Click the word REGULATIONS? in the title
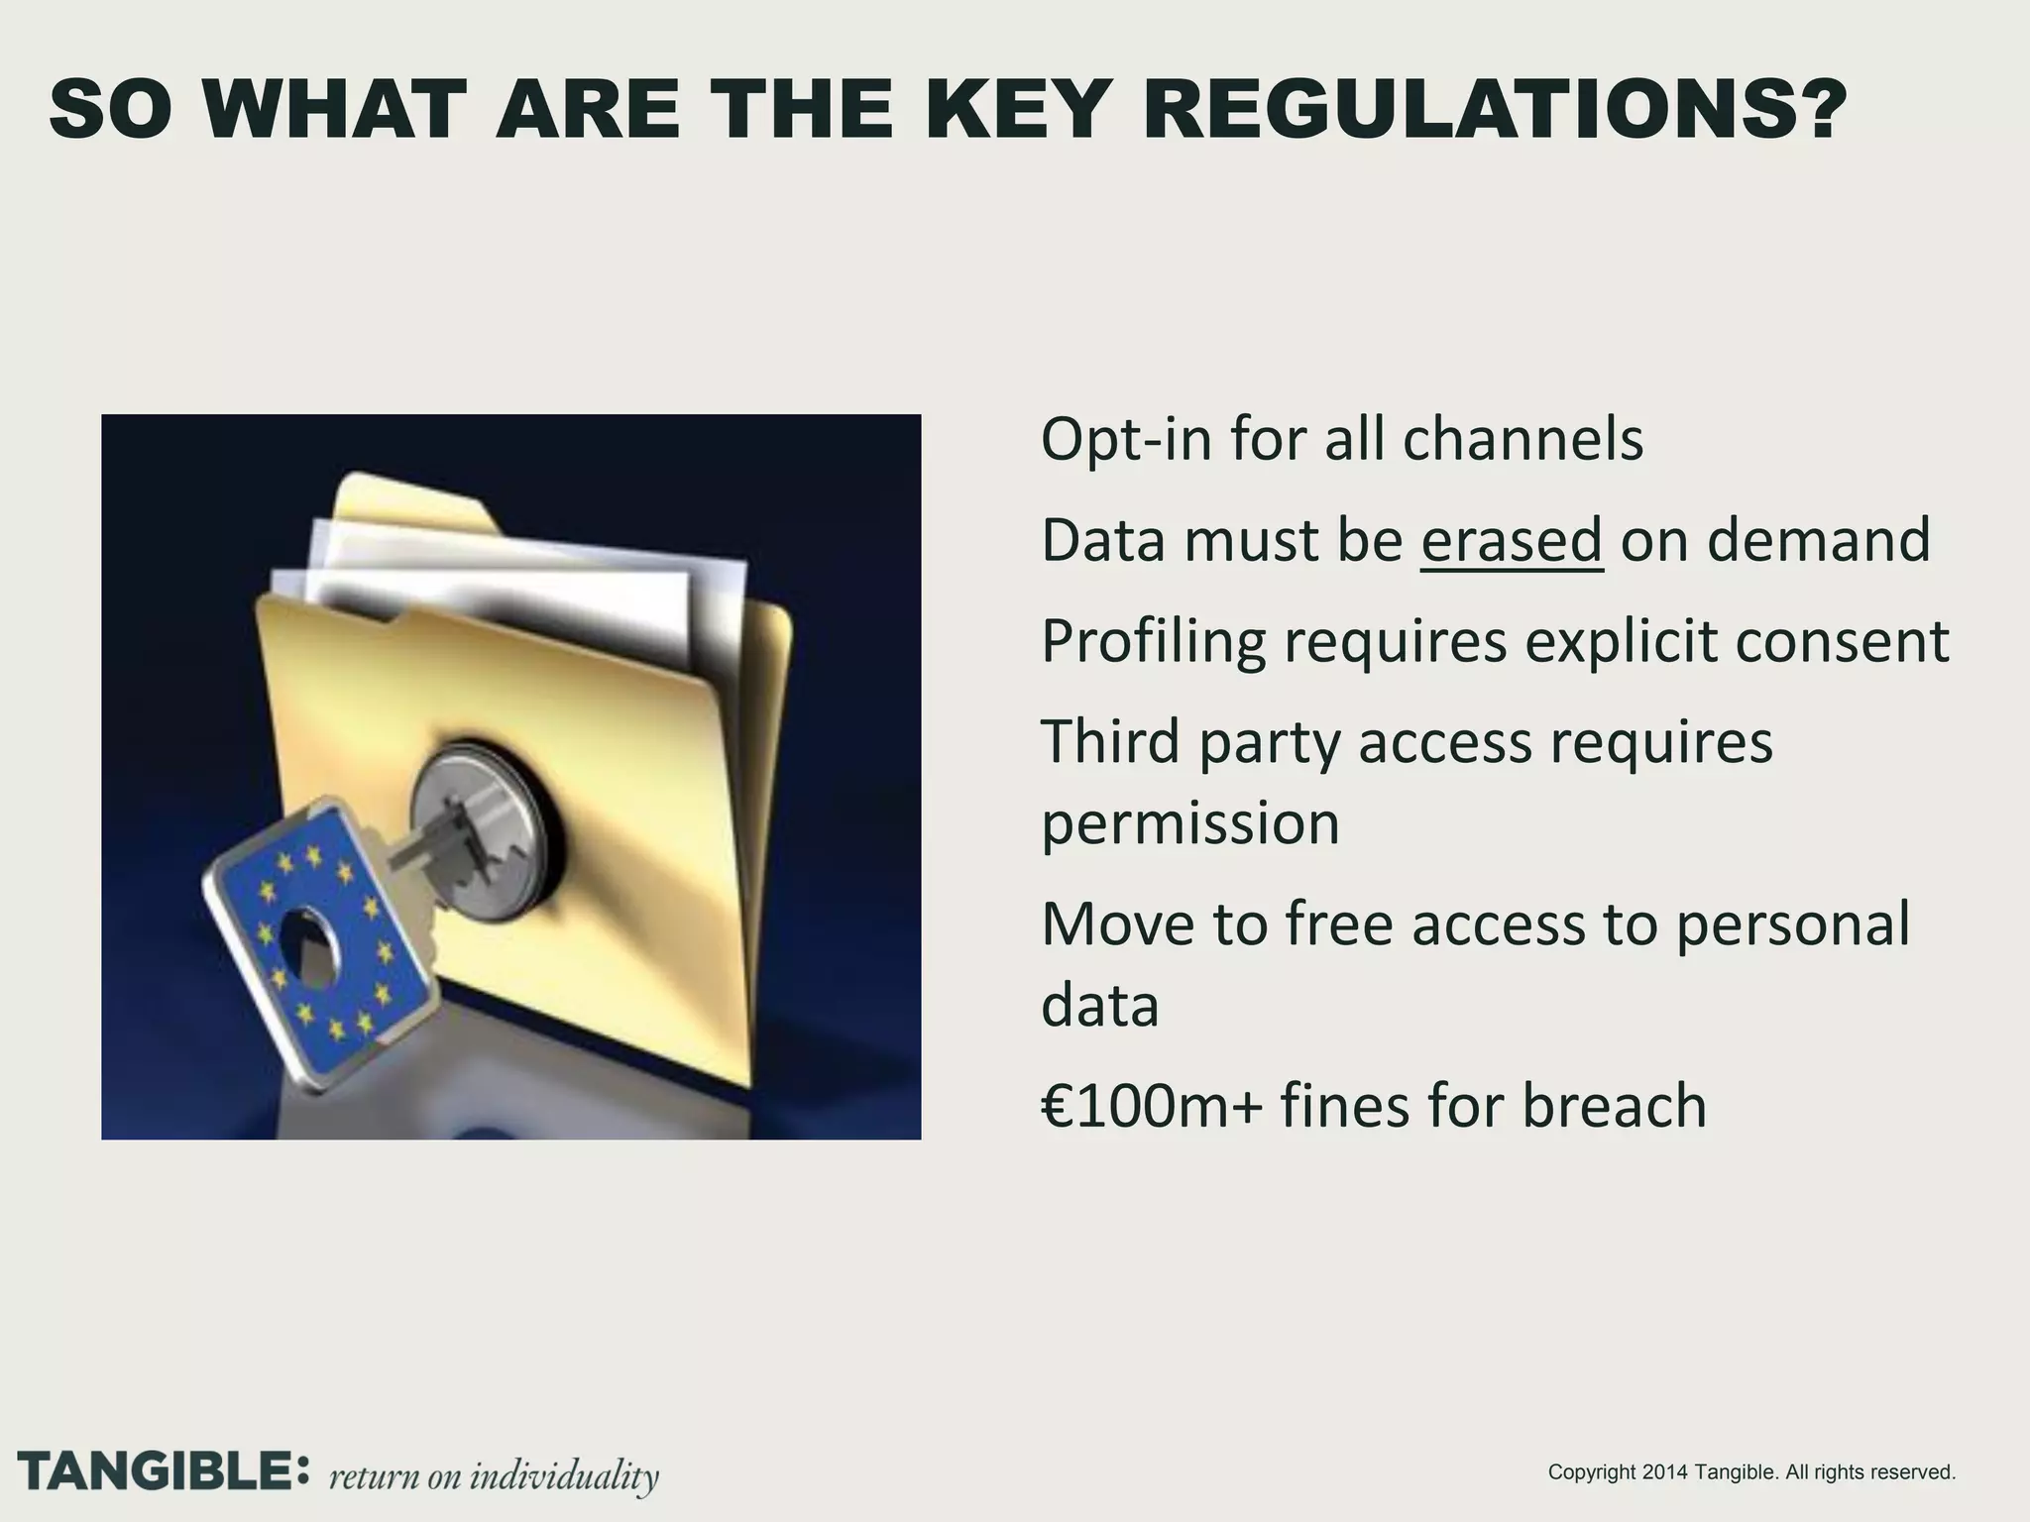(x=1495, y=111)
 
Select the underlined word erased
(x=1512, y=540)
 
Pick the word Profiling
(x=1154, y=643)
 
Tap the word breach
(x=1615, y=1106)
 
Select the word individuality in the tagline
(x=564, y=1475)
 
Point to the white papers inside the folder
(x=515, y=575)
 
